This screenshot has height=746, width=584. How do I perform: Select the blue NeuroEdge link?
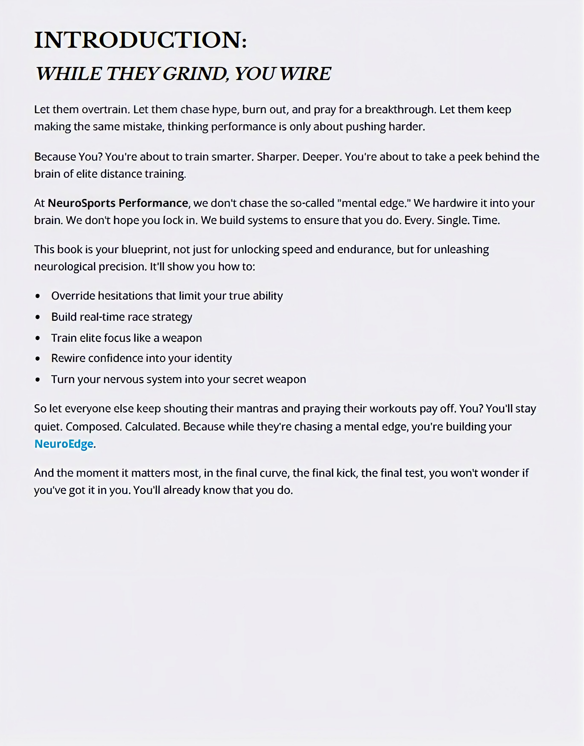[x=64, y=444]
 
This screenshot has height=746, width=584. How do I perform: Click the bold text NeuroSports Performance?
[x=118, y=203]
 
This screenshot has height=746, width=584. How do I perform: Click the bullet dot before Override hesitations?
[x=38, y=296]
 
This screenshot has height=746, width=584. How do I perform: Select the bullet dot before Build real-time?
[x=38, y=317]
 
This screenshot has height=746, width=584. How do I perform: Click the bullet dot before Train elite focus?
[x=38, y=338]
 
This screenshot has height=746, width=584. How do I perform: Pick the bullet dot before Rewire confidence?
[x=38, y=359]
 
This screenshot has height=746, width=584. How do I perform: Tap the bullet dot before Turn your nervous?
[x=38, y=380]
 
